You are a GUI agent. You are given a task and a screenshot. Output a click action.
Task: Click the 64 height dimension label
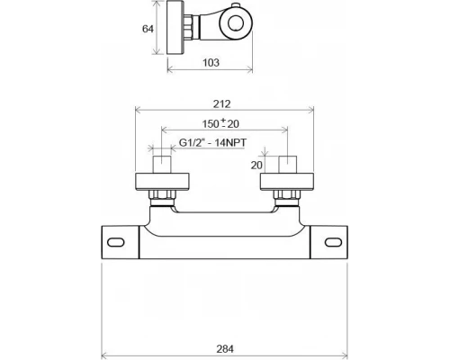click(x=148, y=29)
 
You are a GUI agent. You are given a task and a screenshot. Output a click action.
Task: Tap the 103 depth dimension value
click(x=211, y=63)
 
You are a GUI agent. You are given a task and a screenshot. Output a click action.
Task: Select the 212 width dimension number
click(x=222, y=104)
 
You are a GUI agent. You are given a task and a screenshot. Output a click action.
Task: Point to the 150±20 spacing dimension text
click(x=220, y=123)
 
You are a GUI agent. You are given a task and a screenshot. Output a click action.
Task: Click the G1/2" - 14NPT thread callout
click(x=212, y=142)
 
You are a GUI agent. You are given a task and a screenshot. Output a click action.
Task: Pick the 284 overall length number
click(x=225, y=349)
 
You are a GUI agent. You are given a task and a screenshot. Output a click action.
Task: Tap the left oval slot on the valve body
click(x=116, y=242)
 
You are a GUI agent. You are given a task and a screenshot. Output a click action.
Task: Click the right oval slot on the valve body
click(x=333, y=242)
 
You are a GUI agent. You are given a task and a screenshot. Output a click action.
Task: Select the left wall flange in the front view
click(x=162, y=182)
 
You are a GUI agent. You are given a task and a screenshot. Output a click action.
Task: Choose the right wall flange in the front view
click(x=287, y=182)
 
